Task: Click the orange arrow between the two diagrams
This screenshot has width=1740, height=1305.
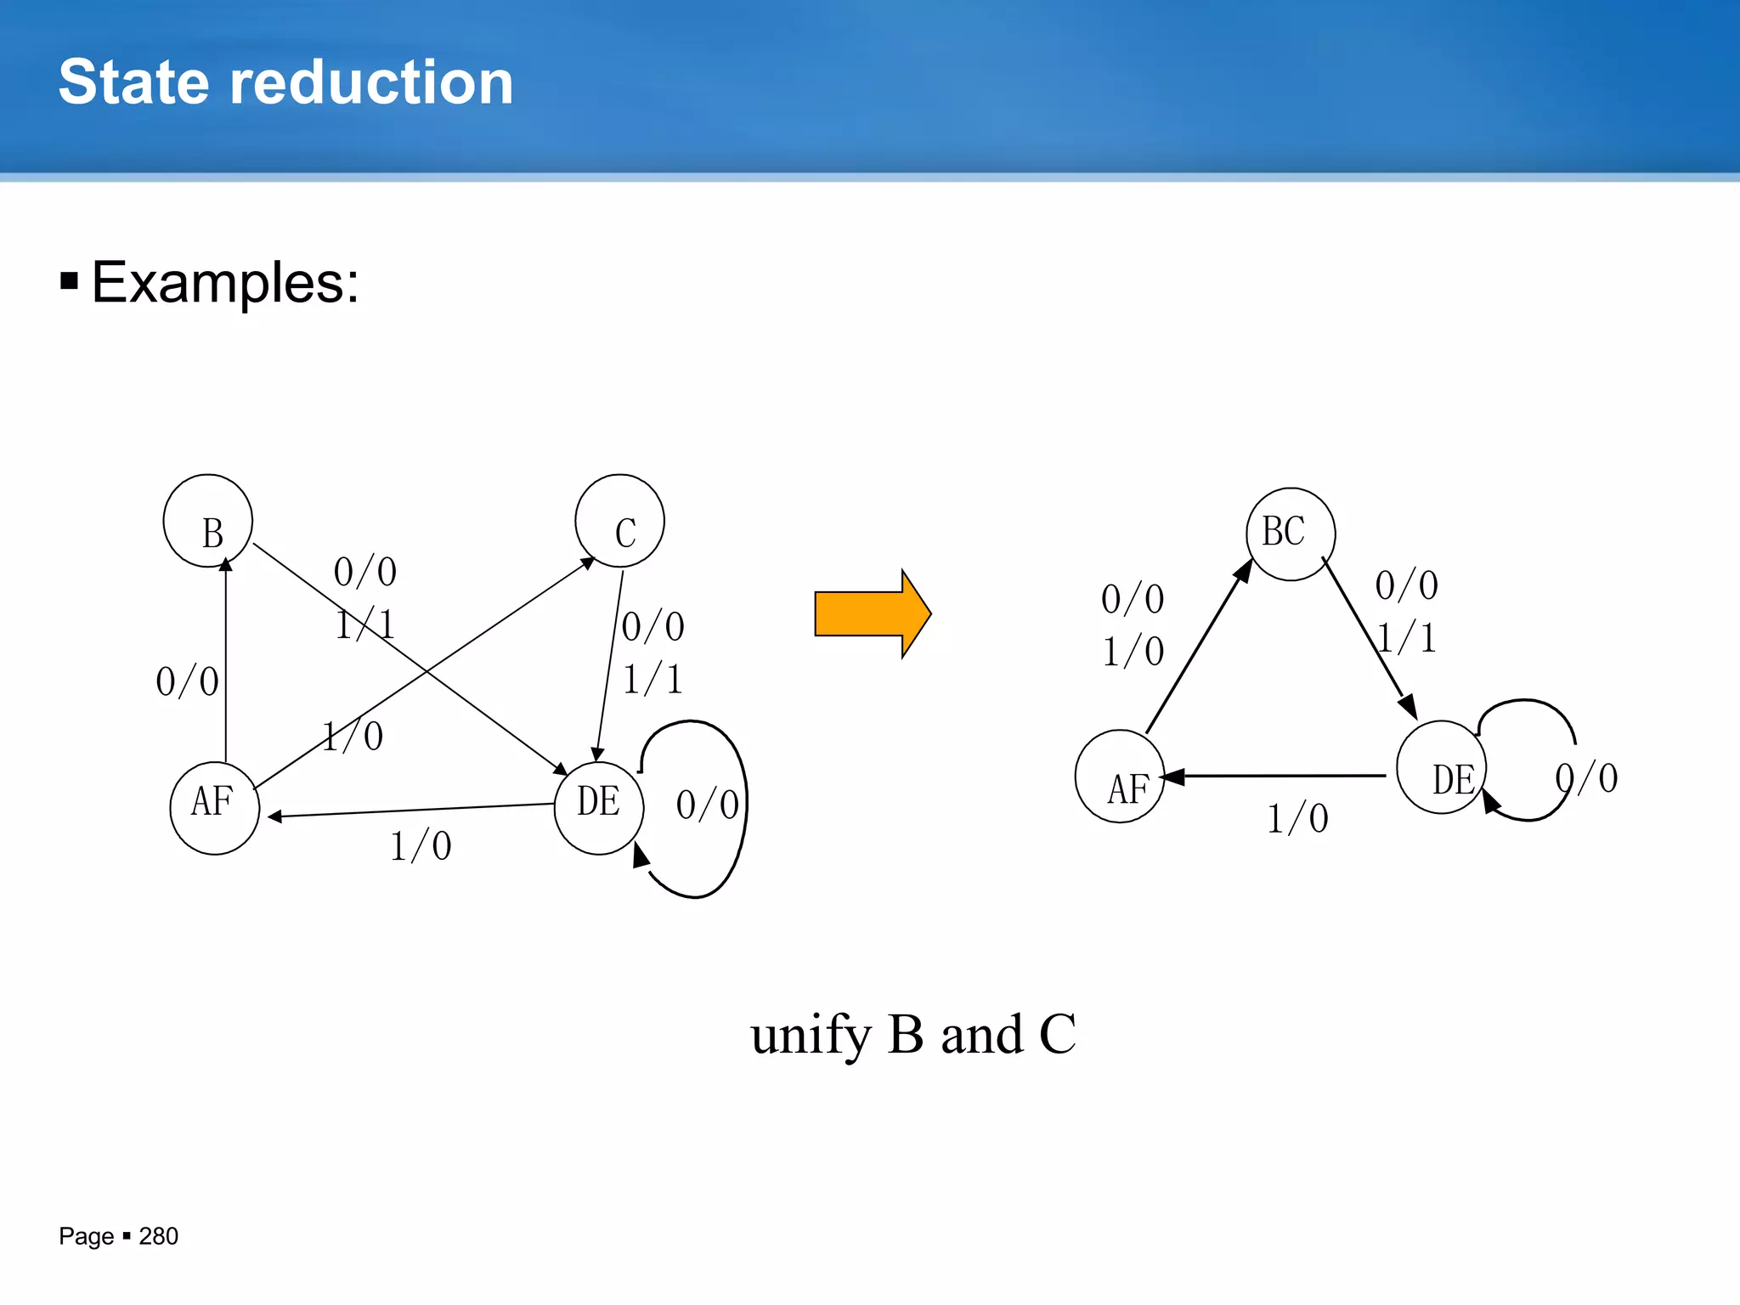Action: pyautogui.click(x=872, y=613)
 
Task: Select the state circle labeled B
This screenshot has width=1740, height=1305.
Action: pyautogui.click(x=208, y=521)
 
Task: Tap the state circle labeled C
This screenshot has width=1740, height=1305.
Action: pyautogui.click(x=619, y=521)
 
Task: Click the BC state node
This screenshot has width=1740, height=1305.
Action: pyautogui.click(x=1291, y=534)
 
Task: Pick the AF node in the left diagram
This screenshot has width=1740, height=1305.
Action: pyautogui.click(x=214, y=807)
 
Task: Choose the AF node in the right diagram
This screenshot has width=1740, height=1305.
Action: pyautogui.click(x=1120, y=776)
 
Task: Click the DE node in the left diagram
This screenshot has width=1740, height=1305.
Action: pyautogui.click(x=599, y=807)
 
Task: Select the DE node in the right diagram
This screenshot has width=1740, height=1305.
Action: pyautogui.click(x=1442, y=767)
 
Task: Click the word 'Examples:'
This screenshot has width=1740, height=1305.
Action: pyautogui.click(x=225, y=282)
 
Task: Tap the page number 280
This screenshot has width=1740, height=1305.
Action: pyautogui.click(x=159, y=1236)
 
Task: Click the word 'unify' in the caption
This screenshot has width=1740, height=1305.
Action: pyautogui.click(x=811, y=1036)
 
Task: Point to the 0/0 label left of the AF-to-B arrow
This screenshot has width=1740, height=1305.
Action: pyautogui.click(x=187, y=681)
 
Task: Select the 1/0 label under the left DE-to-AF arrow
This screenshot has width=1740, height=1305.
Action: pyautogui.click(x=421, y=846)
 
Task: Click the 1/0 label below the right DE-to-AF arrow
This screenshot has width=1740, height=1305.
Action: pyautogui.click(x=1297, y=819)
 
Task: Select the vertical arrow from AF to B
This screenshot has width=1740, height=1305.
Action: pyautogui.click(x=225, y=663)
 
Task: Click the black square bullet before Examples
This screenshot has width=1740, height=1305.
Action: pyautogui.click(x=70, y=280)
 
